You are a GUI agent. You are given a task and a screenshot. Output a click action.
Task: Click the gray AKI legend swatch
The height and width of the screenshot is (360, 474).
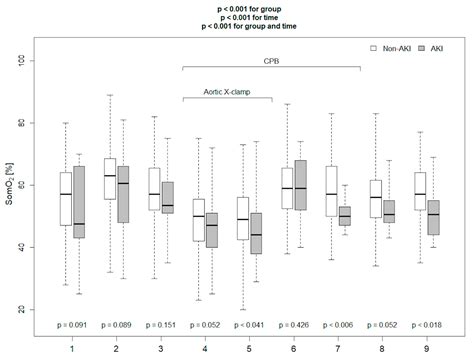click(424, 47)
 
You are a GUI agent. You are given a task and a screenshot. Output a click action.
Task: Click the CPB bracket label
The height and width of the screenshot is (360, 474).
click(272, 59)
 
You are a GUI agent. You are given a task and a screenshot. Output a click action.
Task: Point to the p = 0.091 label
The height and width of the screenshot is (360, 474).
click(71, 326)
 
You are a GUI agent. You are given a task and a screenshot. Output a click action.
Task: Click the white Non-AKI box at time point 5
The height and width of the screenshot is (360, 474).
click(241, 219)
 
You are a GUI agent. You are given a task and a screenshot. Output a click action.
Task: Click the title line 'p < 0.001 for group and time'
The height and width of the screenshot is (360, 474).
click(237, 28)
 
